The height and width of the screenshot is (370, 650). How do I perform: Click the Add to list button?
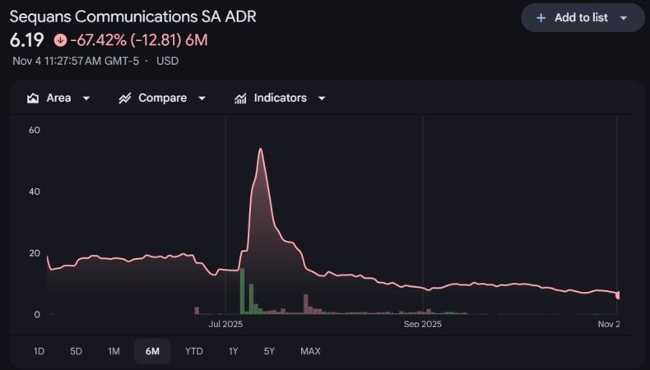pyautogui.click(x=582, y=17)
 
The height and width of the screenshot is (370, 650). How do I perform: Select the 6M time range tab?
pyautogui.click(x=152, y=351)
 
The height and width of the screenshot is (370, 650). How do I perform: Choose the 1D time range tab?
pyautogui.click(x=39, y=351)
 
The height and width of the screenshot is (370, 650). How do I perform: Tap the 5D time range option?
pyautogui.click(x=76, y=351)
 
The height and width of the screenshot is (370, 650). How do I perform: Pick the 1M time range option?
pyautogui.click(x=114, y=351)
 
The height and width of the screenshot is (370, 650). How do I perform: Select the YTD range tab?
pyautogui.click(x=193, y=351)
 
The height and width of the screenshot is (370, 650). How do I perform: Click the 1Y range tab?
pyautogui.click(x=233, y=351)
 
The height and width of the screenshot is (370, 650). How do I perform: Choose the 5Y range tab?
pyautogui.click(x=269, y=351)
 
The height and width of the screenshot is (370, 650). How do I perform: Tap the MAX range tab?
pyautogui.click(x=310, y=351)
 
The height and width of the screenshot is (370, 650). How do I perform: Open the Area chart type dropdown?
pyautogui.click(x=58, y=98)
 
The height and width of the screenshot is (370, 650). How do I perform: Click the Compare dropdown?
pyautogui.click(x=163, y=98)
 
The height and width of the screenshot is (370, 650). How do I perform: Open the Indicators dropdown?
pyautogui.click(x=280, y=98)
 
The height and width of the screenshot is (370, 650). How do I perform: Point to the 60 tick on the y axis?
pyautogui.click(x=35, y=130)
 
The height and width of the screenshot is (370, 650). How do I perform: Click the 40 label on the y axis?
pyautogui.click(x=35, y=192)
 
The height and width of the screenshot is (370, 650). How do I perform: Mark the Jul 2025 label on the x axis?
pyautogui.click(x=226, y=324)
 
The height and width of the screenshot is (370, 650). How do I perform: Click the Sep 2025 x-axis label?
pyautogui.click(x=423, y=324)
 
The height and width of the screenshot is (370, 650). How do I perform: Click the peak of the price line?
pyautogui.click(x=260, y=149)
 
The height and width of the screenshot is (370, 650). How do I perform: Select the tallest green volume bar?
pyautogui.click(x=242, y=291)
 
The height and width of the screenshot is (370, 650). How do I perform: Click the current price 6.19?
pyautogui.click(x=26, y=39)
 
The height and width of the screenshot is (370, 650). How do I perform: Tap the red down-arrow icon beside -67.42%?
pyautogui.click(x=60, y=39)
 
